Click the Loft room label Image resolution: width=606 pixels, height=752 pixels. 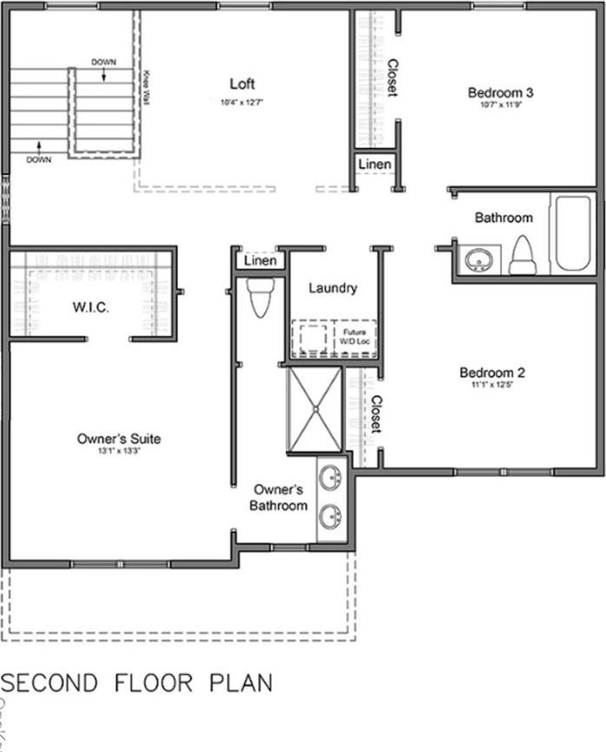[x=242, y=84]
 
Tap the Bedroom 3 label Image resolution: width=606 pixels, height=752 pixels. [x=500, y=93]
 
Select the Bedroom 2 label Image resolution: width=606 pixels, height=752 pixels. [x=492, y=373]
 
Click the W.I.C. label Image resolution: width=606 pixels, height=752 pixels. [x=89, y=308]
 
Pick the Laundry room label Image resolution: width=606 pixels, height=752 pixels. [x=333, y=288]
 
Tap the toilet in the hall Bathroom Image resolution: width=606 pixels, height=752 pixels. [x=523, y=256]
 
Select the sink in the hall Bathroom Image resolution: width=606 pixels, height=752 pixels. [x=478, y=259]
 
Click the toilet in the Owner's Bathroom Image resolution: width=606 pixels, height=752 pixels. [x=260, y=297]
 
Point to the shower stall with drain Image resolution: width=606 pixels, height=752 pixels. [x=314, y=409]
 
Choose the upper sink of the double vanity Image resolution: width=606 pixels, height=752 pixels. [x=330, y=477]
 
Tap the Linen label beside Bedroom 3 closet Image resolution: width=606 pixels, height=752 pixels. [x=375, y=164]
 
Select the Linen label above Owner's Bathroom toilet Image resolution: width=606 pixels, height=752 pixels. [x=260, y=260]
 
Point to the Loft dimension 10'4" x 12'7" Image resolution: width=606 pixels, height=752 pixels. [x=242, y=101]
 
